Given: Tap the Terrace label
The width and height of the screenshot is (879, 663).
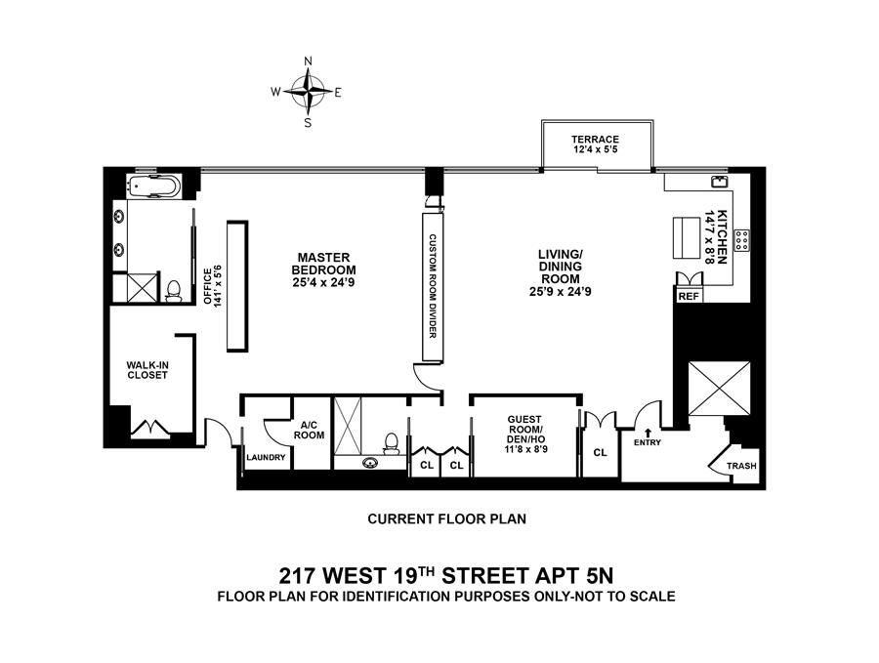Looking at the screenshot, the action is [595, 145].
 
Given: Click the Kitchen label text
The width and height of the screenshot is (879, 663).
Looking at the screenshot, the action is [721, 236].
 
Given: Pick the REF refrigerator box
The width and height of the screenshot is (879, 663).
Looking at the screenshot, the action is [689, 295].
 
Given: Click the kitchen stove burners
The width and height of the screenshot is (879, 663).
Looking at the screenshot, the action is [741, 239].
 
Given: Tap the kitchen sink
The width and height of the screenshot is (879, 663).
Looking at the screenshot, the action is [720, 181].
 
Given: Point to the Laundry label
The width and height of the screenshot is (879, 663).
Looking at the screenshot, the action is [266, 458].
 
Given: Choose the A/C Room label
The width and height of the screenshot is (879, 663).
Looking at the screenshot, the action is [312, 430].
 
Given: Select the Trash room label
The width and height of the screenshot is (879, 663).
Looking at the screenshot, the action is [741, 466].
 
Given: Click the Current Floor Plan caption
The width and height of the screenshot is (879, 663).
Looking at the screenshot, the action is [446, 519].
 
